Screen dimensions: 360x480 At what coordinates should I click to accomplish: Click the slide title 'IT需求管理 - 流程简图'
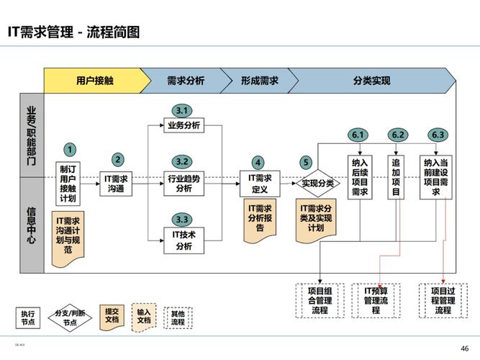tap(73, 32)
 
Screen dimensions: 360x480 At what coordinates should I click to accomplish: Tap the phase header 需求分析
tap(185, 81)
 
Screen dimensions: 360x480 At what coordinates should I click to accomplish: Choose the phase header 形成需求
tap(259, 81)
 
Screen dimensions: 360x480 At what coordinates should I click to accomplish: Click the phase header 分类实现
tap(371, 81)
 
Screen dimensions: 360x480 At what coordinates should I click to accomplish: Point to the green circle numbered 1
tap(70, 150)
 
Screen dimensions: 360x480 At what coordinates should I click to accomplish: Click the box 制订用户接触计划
tap(68, 183)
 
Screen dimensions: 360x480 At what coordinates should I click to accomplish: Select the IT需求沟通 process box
tap(117, 183)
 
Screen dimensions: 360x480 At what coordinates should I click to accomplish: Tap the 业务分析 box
tap(184, 125)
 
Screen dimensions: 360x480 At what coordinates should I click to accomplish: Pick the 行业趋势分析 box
tap(184, 183)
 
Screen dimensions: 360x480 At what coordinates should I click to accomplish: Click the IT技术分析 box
tap(184, 240)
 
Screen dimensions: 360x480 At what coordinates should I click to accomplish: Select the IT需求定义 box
tap(260, 183)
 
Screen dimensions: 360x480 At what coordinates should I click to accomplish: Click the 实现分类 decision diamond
tap(317, 183)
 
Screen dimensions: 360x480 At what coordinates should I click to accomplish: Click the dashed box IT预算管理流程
tap(376, 300)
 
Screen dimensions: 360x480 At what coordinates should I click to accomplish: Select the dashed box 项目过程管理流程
tap(443, 300)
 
